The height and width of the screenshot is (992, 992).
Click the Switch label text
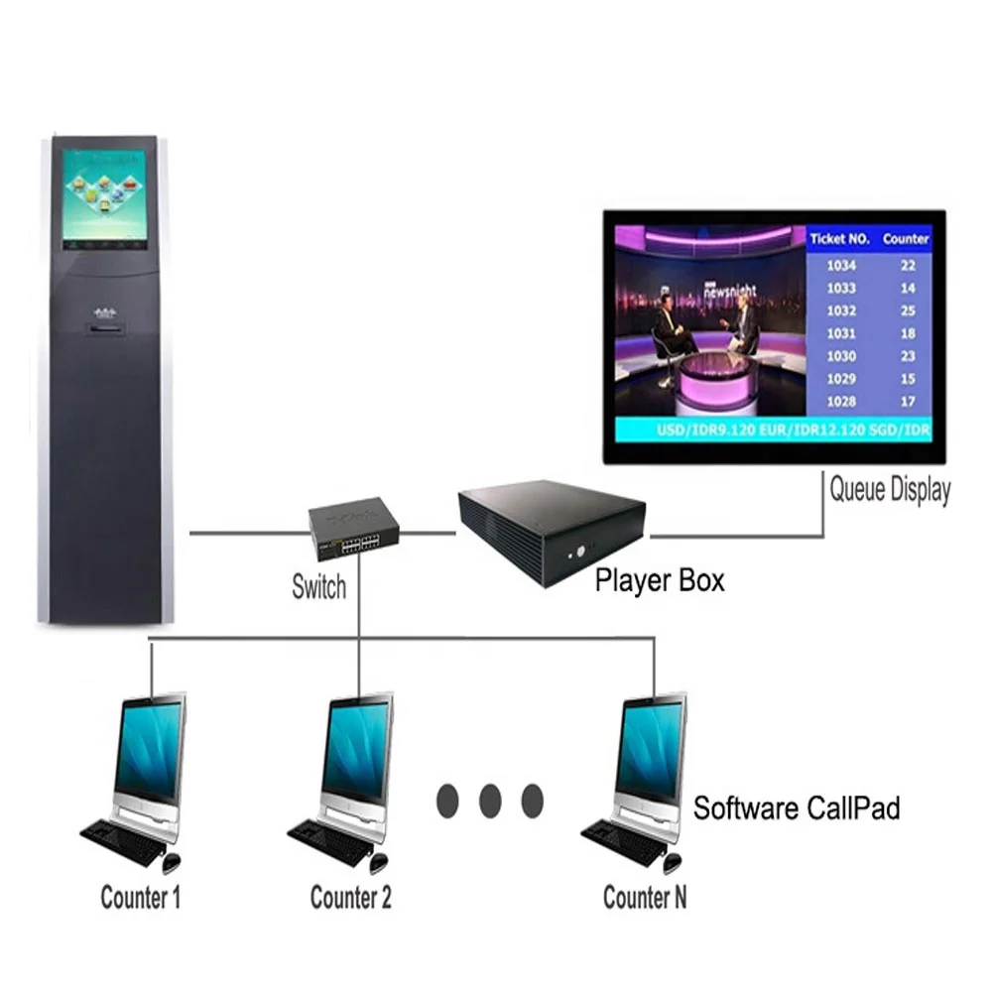318,586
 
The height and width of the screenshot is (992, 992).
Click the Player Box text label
660,580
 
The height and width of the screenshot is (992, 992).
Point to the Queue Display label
890,490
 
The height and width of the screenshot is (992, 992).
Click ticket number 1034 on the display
841,266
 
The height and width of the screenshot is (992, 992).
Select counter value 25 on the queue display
908,310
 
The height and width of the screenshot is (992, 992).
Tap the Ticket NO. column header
839,239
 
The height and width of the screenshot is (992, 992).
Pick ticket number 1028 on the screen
841,401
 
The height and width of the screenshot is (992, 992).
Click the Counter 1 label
141,899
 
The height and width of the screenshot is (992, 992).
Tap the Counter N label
645,899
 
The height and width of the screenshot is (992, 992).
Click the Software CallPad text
797,808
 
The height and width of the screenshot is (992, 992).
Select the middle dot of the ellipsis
490,800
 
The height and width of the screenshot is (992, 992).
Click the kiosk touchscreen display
104,199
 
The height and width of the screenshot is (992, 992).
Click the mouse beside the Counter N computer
674,862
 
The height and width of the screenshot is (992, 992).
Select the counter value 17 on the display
908,401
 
